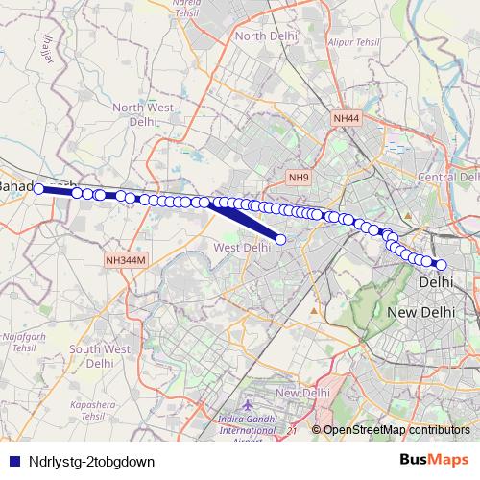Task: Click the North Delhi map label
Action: click(263, 36)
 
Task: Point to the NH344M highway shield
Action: click(125, 259)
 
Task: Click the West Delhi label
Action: click(242, 248)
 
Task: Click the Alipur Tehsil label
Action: click(355, 43)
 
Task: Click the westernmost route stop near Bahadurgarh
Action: click(39, 189)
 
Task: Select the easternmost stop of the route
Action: click(442, 265)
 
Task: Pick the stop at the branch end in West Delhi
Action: click(280, 239)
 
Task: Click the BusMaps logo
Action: click(434, 461)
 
